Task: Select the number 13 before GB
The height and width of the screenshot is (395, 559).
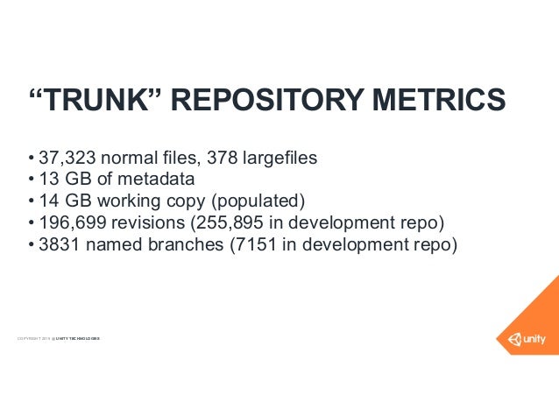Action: tap(50, 180)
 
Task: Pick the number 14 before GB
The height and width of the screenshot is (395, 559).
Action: tap(50, 202)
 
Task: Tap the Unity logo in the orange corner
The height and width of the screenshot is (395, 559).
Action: tap(524, 338)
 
